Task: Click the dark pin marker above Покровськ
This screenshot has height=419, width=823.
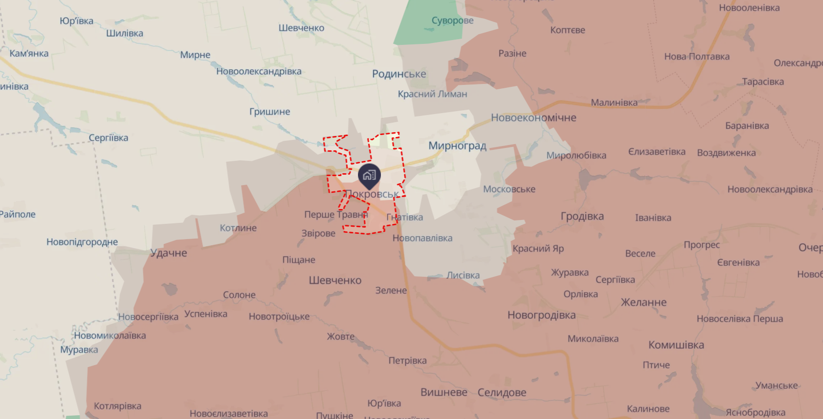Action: [369, 176]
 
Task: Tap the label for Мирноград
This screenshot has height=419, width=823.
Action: [457, 146]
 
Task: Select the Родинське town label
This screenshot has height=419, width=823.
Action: [399, 74]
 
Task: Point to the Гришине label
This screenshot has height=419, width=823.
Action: [270, 112]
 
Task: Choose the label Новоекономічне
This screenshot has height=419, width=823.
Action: [533, 118]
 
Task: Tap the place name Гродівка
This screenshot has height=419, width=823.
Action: [582, 216]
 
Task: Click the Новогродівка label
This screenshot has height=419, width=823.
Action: [541, 315]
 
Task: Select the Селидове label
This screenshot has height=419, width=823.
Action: [502, 392]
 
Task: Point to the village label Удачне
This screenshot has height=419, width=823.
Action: [168, 253]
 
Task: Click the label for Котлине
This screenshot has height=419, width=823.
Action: [238, 228]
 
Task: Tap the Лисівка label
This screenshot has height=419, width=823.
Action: [463, 275]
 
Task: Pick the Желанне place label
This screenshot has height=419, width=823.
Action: [643, 303]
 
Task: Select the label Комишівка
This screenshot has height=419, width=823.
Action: [676, 345]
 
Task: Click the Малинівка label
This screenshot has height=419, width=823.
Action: [614, 103]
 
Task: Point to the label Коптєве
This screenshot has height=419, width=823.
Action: [567, 30]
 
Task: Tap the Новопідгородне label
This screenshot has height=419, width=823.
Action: [82, 242]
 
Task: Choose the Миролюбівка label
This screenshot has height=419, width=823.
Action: [576, 156]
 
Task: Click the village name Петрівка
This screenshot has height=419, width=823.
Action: [407, 360]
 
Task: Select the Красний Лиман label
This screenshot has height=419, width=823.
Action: [433, 94]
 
